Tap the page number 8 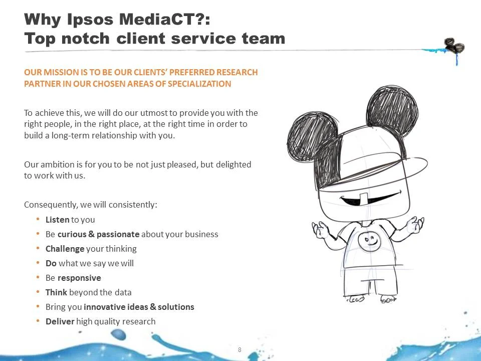239,349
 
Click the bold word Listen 57,220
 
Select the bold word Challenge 65,249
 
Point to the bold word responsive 79,278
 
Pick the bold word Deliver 60,321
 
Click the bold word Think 56,292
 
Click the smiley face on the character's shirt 370,241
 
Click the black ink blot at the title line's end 454,47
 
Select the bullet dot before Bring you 39,307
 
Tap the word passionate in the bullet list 118,234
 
